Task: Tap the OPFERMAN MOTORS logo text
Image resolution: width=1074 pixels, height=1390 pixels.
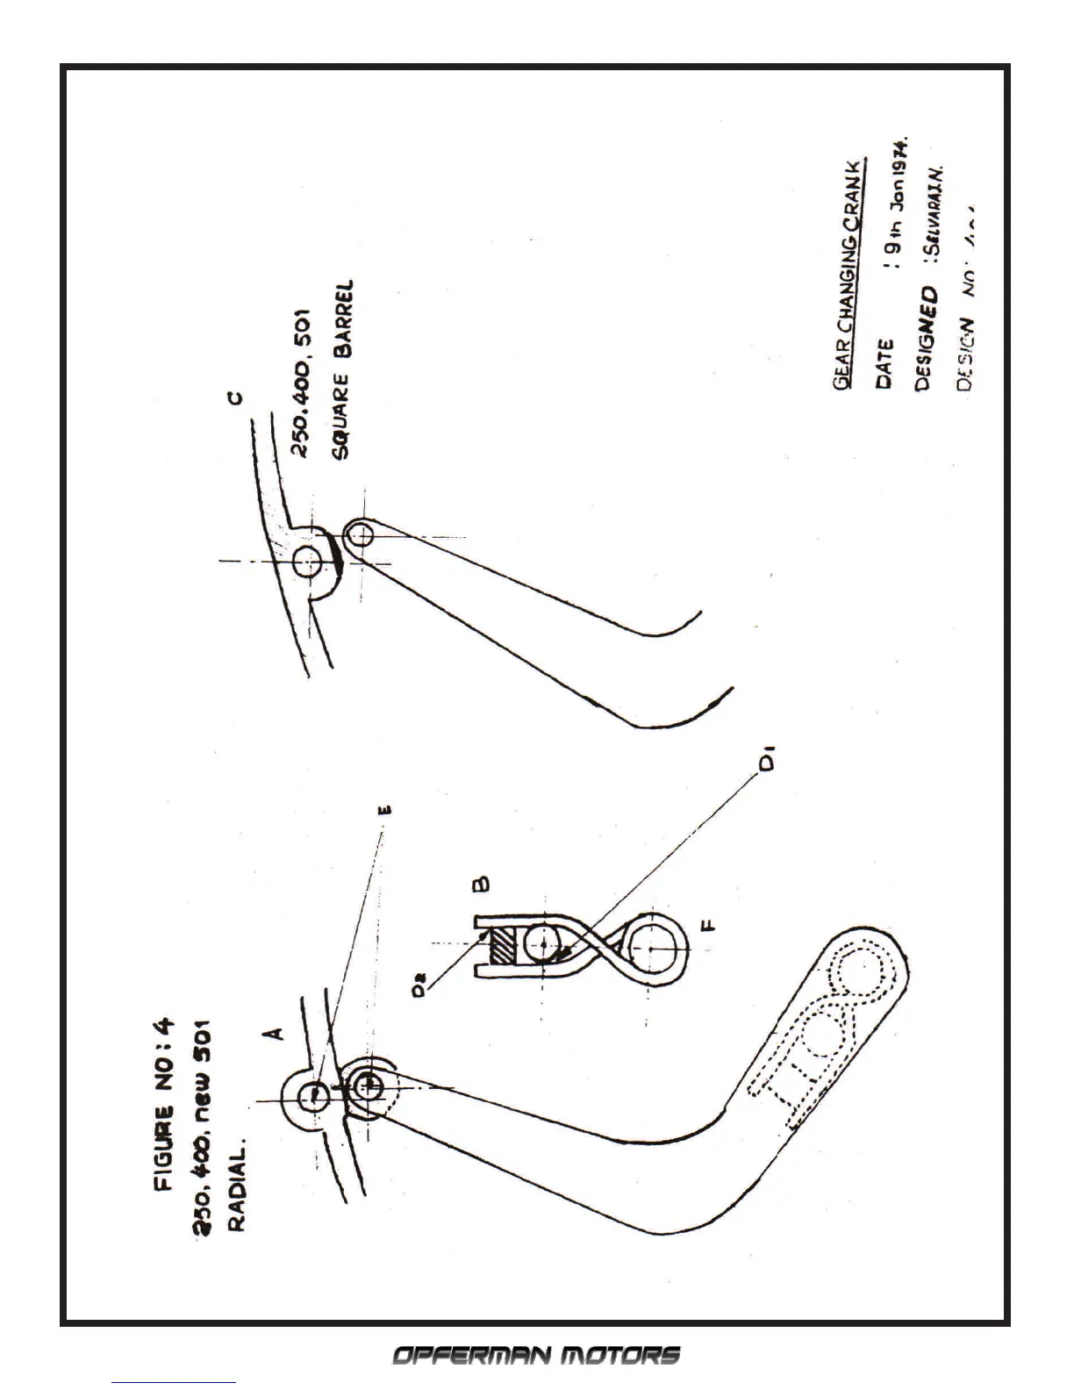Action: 535,1356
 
